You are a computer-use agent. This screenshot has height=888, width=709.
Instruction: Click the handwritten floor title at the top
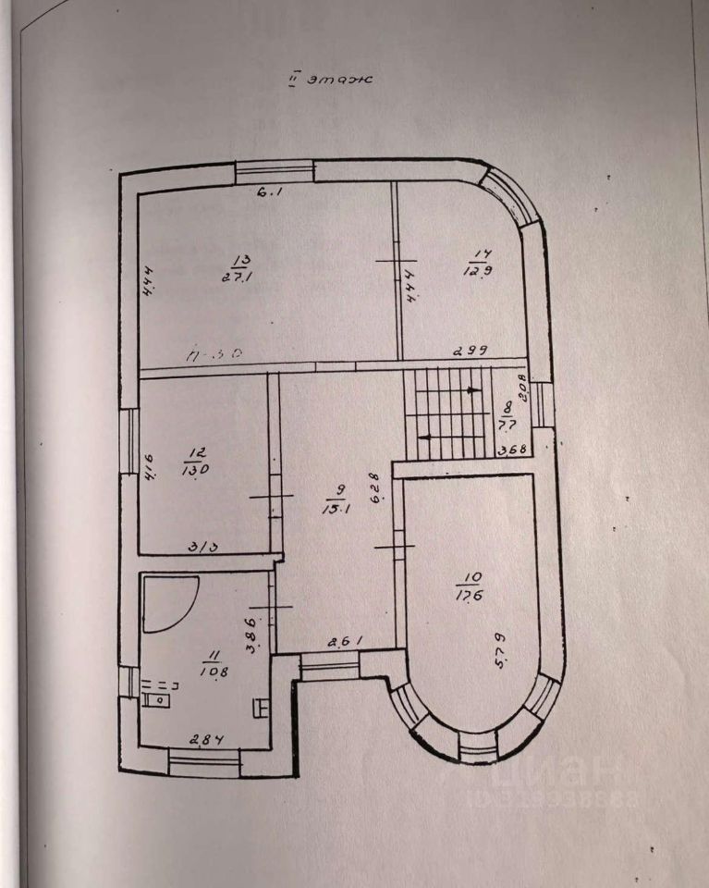(x=329, y=80)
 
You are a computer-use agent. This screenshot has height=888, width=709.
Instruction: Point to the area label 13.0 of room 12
(x=196, y=469)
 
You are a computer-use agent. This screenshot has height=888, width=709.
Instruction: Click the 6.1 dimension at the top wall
(x=267, y=192)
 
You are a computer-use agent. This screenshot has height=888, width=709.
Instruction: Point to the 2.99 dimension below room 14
(x=469, y=351)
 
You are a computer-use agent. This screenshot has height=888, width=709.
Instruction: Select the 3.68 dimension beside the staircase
(x=510, y=452)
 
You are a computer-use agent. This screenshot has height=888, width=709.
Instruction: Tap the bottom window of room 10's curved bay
(x=478, y=745)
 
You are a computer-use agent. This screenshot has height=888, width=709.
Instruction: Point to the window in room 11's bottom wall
(x=204, y=763)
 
